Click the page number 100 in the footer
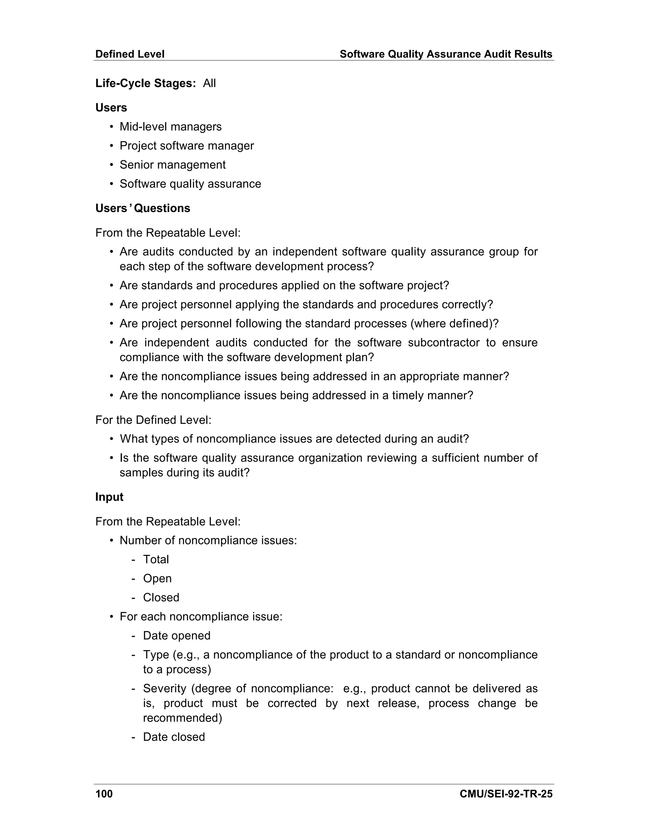click(104, 794)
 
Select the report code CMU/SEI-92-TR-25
click(506, 794)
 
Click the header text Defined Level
click(130, 54)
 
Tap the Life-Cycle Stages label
click(146, 83)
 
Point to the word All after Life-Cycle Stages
click(209, 83)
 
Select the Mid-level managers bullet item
click(171, 126)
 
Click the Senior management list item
click(172, 165)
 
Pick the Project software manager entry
click(187, 146)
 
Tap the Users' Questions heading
click(143, 208)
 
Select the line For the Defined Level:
click(153, 420)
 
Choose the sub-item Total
click(156, 559)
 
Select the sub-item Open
click(157, 578)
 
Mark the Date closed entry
click(174, 737)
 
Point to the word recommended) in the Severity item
click(182, 718)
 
